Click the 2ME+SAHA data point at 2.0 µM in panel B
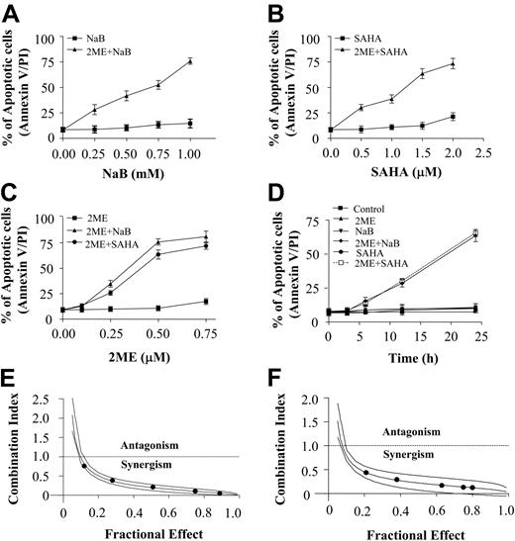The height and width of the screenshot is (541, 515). [x=454, y=63]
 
